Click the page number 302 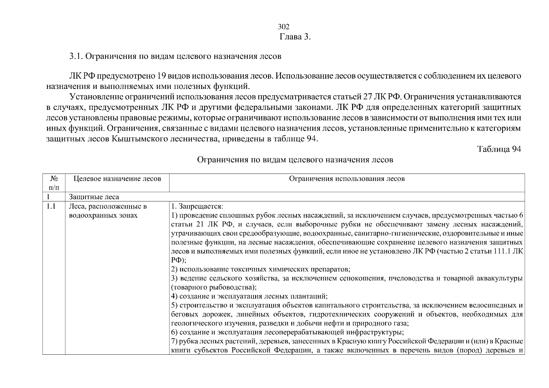tap(284, 27)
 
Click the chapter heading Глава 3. tap(295, 37)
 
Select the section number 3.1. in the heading tap(76, 56)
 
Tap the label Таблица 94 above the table tap(499, 149)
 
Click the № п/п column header tap(54, 183)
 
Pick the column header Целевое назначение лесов tap(117, 179)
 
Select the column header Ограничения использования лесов tap(347, 179)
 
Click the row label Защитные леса tap(94, 197)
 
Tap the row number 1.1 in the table tap(51, 206)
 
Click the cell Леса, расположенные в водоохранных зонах tap(108, 211)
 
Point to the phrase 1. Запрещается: tap(197, 206)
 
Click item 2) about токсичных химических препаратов tap(261, 269)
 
